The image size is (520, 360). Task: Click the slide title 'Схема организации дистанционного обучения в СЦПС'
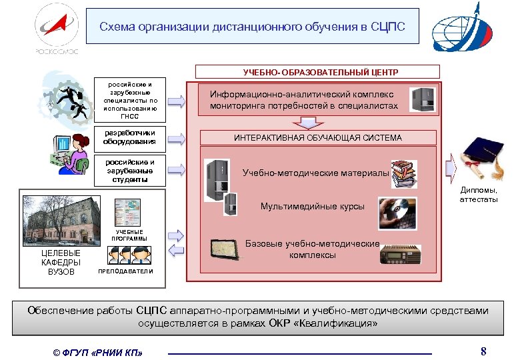coord(253,27)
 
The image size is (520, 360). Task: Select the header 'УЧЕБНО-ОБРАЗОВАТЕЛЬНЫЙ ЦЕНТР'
coord(317,71)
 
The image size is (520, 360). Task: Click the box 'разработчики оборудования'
coord(133,137)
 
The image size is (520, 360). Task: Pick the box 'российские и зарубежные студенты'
coord(133,171)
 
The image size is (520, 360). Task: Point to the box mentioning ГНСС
coord(133,101)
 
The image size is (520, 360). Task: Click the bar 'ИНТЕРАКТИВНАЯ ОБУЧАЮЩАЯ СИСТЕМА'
coord(317,138)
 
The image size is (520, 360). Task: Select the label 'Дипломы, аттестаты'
coord(479,195)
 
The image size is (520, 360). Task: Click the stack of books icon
coord(406,173)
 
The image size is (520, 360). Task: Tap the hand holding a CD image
coord(399,213)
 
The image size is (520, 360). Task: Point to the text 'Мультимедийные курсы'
coord(313,206)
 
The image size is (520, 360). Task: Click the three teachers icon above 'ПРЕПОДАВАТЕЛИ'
coord(127,255)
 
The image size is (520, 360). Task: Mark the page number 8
coord(484,351)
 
